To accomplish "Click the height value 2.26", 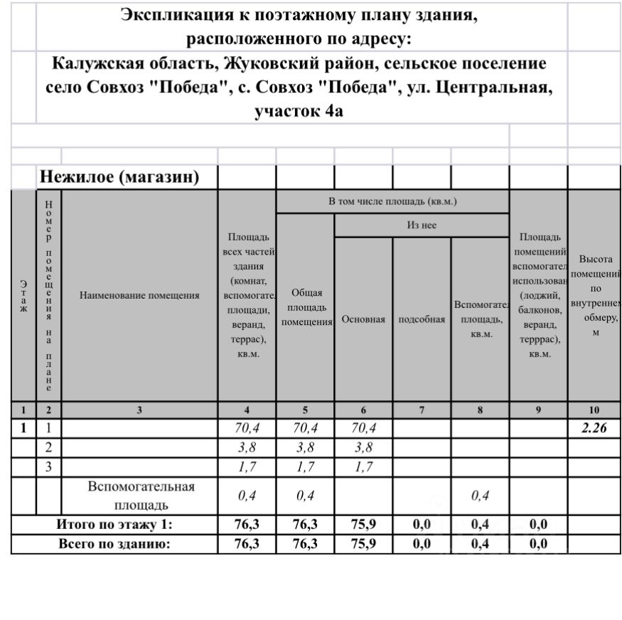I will click(x=594, y=429).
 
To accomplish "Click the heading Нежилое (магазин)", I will click(x=119, y=176).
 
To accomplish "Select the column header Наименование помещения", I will click(x=139, y=295).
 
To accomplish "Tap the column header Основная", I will click(x=363, y=319).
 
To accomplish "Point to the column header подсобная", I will click(x=422, y=319).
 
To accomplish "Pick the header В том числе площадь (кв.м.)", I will click(x=392, y=201).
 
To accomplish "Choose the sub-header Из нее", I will click(x=422, y=225).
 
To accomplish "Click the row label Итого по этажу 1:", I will click(x=114, y=525).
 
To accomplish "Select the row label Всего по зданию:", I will click(x=114, y=544).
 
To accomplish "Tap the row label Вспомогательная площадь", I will click(x=140, y=496).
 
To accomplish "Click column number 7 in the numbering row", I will click(x=422, y=410).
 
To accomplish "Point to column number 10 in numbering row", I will click(x=594, y=410).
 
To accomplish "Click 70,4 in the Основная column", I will click(x=363, y=429).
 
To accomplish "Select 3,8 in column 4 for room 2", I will click(x=247, y=448).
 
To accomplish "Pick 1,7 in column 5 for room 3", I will click(x=305, y=467).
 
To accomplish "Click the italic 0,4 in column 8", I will click(x=480, y=496).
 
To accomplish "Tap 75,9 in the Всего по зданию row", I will click(x=363, y=544).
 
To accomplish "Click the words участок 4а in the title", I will click(x=299, y=111).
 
